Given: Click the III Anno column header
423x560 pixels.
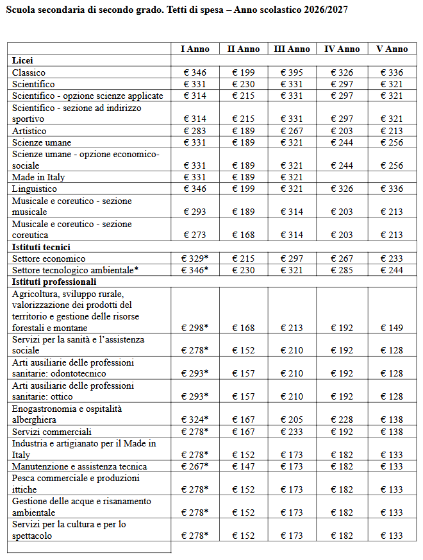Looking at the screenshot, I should pos(292,49).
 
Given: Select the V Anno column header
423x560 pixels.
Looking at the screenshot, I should pos(392,49).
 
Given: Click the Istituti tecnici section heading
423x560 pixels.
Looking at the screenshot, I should pos(41,247).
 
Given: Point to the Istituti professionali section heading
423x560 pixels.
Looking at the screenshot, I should pos(54,282).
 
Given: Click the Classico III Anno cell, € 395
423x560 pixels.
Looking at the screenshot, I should pos(292,72).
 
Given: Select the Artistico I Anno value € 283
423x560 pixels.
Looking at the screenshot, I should pos(194,131).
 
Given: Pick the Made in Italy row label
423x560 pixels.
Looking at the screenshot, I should pos(38,177).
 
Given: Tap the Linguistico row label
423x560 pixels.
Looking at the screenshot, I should pos(35,189).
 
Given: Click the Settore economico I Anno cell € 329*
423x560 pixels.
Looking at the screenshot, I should pos(195,259).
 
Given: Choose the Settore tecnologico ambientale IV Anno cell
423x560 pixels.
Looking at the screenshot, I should pos(342,270).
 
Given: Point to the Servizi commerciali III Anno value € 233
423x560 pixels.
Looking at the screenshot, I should pos(292,432).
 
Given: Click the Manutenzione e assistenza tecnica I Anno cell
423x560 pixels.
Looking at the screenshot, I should pos(195,466).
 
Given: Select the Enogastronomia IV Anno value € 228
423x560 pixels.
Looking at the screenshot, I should pos(342,420).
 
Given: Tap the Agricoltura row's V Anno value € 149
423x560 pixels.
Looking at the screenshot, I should pos(392,328).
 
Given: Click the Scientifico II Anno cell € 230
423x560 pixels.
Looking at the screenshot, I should pos(244,84).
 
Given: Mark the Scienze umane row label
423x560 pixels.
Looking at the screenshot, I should pos(42,142).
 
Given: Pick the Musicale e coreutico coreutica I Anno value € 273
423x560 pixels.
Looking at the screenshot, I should pos(194,235).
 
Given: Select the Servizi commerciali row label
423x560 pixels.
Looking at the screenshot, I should pos(51,432).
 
